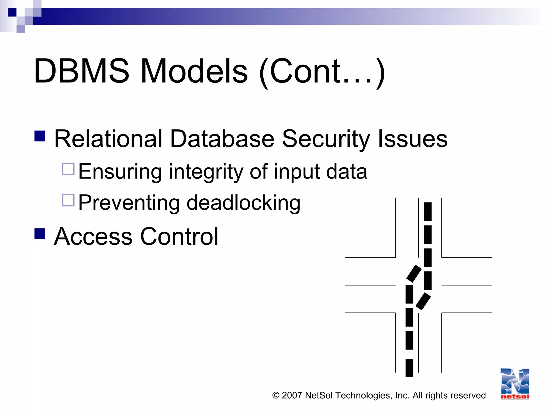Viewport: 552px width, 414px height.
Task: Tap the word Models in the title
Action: (194, 71)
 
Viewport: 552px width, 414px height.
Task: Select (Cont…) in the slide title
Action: (322, 72)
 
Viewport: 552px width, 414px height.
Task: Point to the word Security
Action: (326, 139)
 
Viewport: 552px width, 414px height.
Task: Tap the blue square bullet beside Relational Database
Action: (40, 136)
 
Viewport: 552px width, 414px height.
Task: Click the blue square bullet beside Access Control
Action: (40, 234)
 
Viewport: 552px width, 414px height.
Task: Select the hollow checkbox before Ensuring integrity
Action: (68, 169)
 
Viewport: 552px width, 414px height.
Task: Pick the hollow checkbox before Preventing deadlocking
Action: (68, 200)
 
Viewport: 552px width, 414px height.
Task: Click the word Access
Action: (93, 236)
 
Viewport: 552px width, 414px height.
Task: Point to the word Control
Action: (179, 236)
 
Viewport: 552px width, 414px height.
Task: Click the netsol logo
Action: (515, 384)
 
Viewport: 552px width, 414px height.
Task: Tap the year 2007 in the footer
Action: (292, 395)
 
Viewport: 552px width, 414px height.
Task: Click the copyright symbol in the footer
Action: (276, 395)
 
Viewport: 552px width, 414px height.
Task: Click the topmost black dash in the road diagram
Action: (428, 212)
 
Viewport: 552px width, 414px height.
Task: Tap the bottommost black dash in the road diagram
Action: (409, 368)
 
